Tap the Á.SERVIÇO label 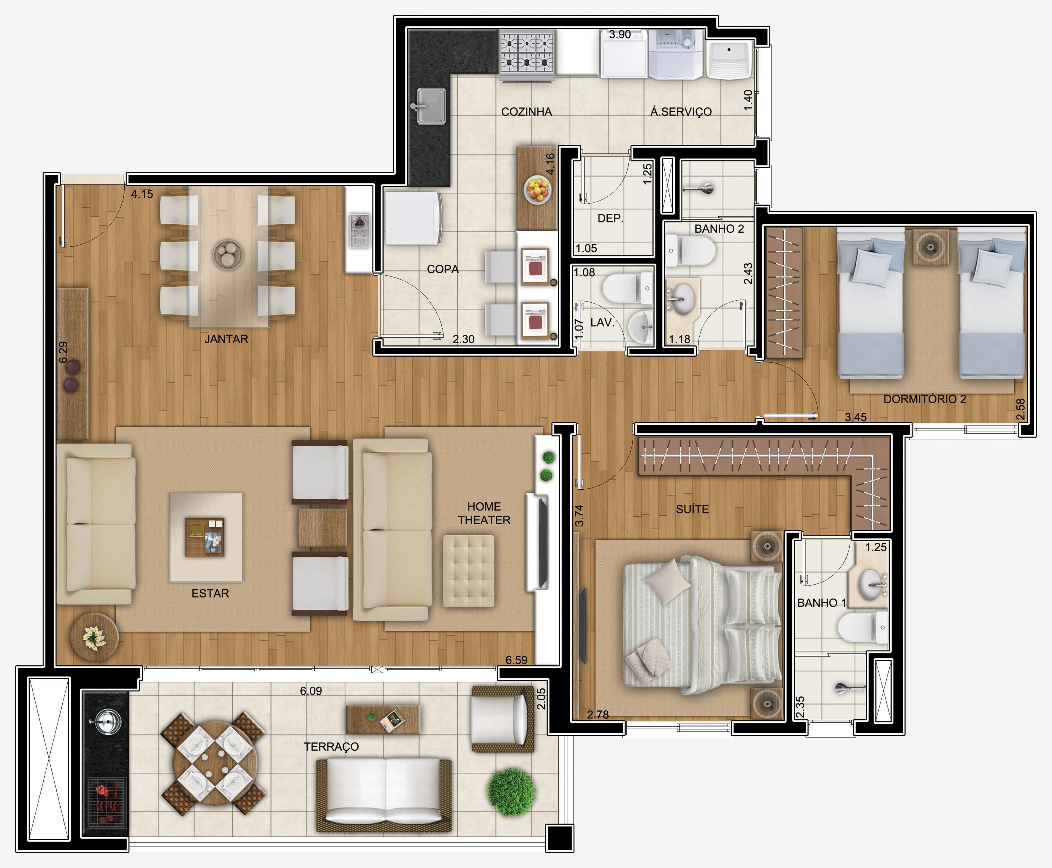point(681,112)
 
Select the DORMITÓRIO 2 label point(924,399)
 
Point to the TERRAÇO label point(331,747)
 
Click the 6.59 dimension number point(516,660)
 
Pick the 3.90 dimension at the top point(620,34)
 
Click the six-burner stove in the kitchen point(527,54)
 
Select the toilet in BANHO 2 point(690,251)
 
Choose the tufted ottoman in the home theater point(469,571)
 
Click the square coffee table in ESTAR point(206,537)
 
